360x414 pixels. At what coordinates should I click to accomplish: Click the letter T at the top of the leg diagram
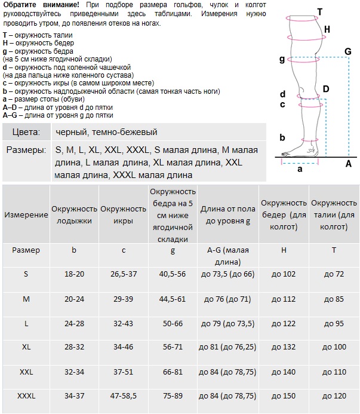pyautogui.click(x=320, y=11)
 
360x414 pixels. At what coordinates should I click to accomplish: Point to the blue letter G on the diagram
pyautogui.click(x=347, y=52)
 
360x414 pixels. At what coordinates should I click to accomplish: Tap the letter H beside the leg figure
pyautogui.click(x=327, y=29)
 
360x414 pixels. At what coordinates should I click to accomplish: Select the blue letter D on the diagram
pyautogui.click(x=325, y=89)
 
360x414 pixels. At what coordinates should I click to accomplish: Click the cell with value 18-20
pyautogui.click(x=74, y=274)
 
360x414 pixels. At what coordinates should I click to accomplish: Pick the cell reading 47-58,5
pyautogui.click(x=124, y=396)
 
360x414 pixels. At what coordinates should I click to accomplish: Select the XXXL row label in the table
pyautogui.click(x=26, y=396)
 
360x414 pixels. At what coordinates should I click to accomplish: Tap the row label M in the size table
pyautogui.click(x=26, y=298)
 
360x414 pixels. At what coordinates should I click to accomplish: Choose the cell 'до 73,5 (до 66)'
pyautogui.click(x=229, y=274)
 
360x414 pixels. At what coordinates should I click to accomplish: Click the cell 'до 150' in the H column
pyautogui.click(x=284, y=396)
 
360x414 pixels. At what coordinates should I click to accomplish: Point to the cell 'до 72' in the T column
pyautogui.click(x=334, y=274)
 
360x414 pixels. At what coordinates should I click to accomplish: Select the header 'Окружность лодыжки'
pyautogui.click(x=74, y=214)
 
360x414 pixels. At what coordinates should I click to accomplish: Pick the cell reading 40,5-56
pyautogui.click(x=173, y=274)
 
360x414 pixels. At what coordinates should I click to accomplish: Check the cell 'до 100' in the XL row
pyautogui.click(x=334, y=347)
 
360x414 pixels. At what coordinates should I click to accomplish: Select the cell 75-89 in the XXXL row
pyautogui.click(x=173, y=396)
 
